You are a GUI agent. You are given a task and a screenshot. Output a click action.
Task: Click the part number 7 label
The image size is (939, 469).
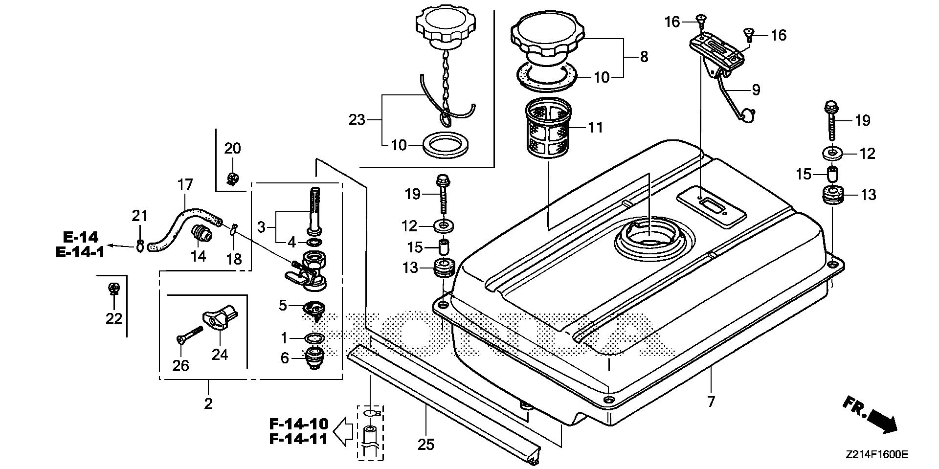711,402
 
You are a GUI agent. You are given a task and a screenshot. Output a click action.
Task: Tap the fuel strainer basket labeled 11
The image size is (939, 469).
548,128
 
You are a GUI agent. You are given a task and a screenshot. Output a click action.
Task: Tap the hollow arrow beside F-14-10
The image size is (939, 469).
343,431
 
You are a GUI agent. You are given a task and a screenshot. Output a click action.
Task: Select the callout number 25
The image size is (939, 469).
425,444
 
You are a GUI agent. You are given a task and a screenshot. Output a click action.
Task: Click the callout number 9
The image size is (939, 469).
756,89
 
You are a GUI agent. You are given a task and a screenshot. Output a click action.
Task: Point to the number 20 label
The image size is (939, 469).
233,148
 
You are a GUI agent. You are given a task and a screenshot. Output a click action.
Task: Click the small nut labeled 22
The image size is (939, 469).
113,289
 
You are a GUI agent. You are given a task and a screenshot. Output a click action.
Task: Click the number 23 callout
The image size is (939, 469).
357,119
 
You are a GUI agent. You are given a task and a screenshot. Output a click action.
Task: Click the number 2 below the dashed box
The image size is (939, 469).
208,403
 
